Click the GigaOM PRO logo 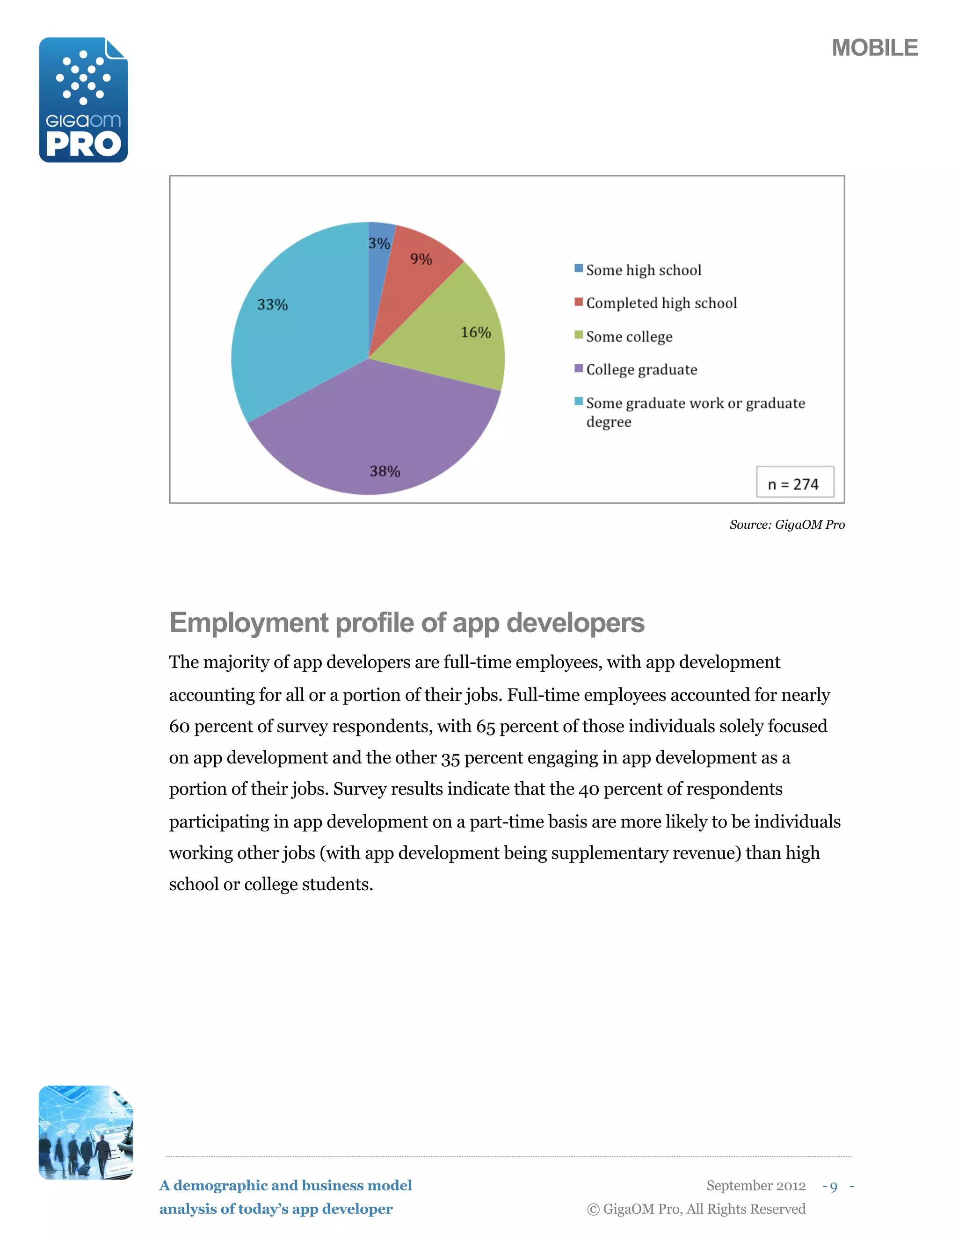[83, 100]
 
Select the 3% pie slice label [378, 244]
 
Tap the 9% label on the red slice [421, 259]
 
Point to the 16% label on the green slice [476, 332]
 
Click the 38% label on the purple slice [385, 471]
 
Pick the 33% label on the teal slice [272, 305]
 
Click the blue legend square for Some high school [578, 268]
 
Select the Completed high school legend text [661, 303]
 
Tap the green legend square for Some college [578, 335]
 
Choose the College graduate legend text [641, 370]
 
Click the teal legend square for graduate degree [578, 402]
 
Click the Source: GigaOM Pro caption [787, 525]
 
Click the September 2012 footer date [755, 1186]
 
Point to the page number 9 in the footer [833, 1186]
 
